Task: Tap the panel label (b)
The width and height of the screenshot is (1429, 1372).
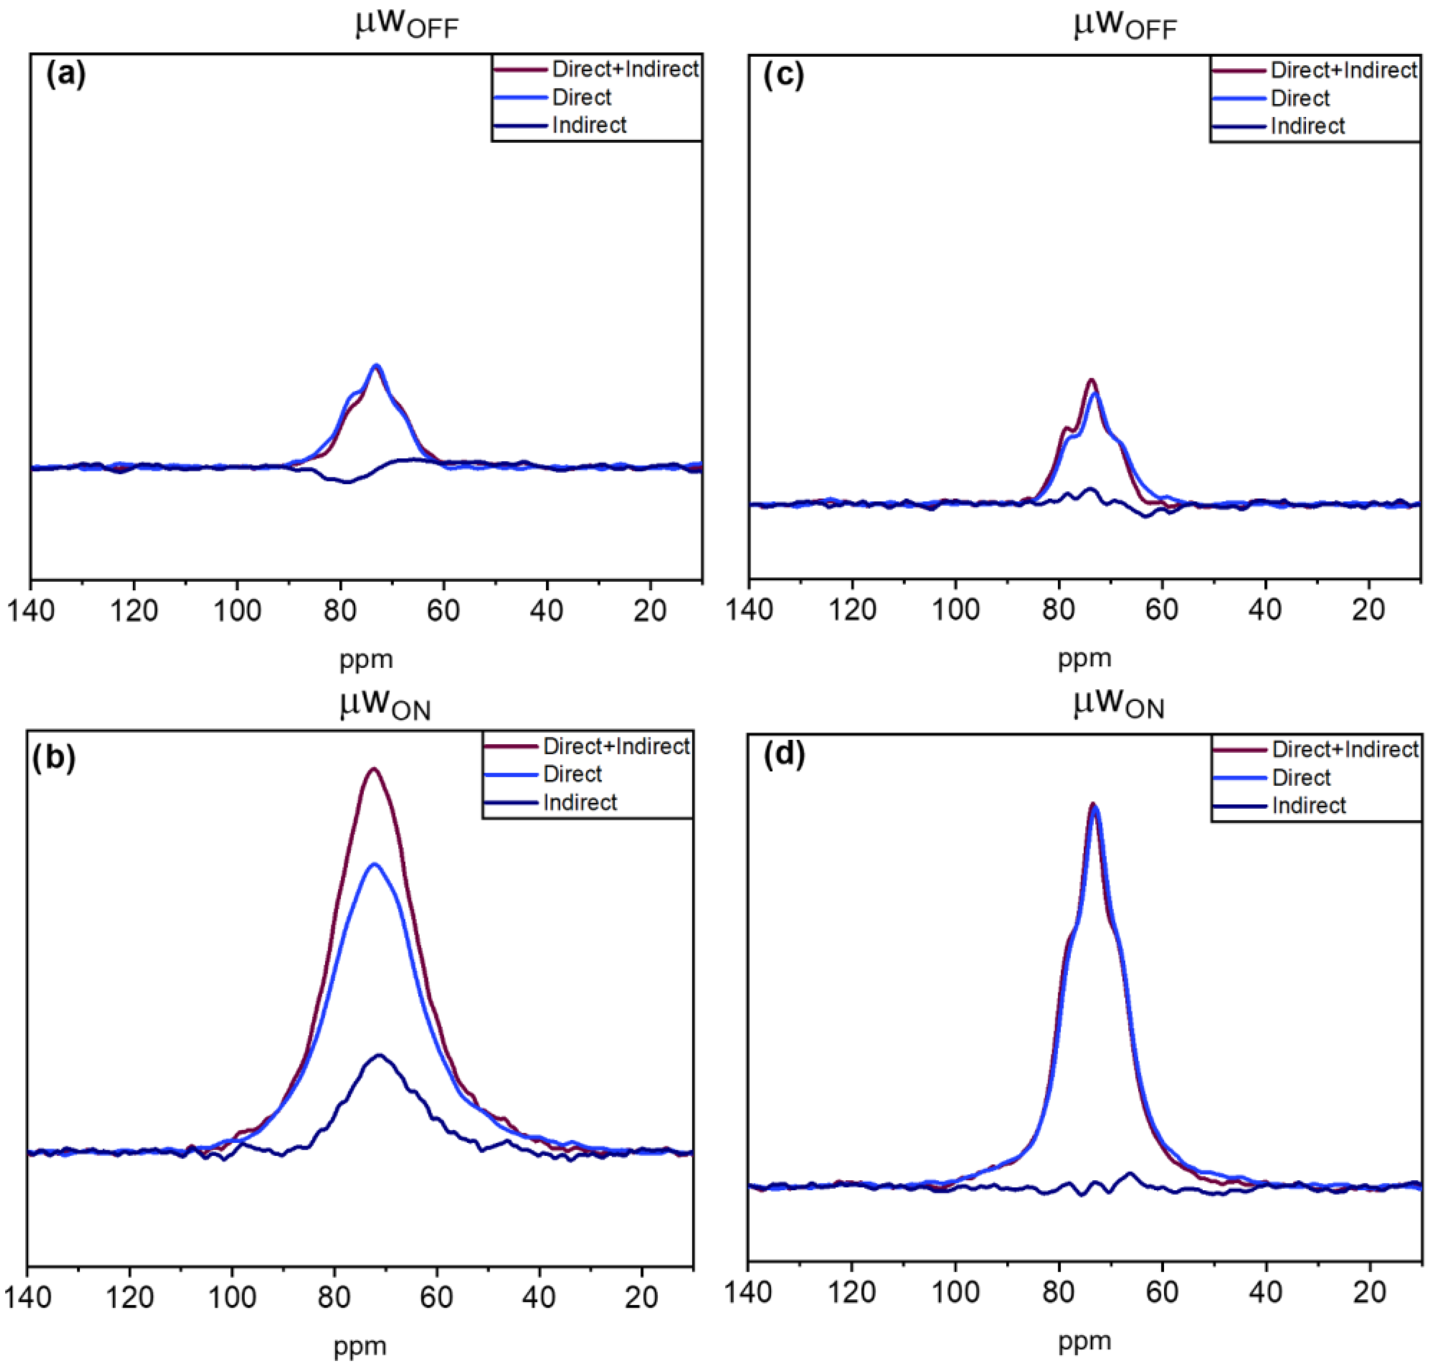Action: coord(54,758)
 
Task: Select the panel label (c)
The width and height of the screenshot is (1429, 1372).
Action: coord(784,76)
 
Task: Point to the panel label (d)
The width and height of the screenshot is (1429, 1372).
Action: coord(784,755)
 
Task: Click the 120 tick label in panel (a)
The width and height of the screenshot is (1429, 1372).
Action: coord(134,611)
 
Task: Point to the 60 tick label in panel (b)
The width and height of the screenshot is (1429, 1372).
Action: coord(437,1298)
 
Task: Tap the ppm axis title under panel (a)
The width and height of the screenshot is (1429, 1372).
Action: coord(366,660)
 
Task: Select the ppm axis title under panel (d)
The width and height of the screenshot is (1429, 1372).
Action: coord(1084,1341)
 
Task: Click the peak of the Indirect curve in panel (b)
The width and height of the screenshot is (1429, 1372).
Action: coord(379,1055)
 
